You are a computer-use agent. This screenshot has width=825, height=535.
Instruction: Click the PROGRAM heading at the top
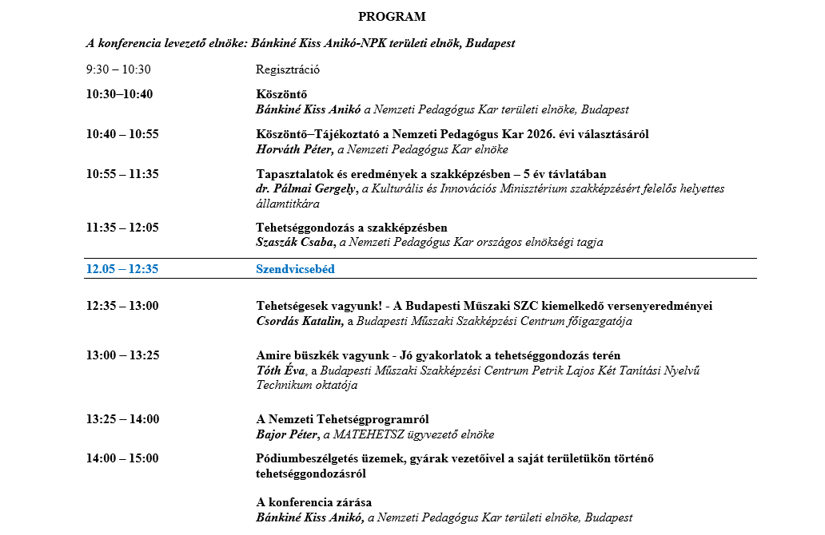click(x=392, y=16)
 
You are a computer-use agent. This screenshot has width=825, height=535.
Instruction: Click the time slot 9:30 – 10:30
click(x=118, y=69)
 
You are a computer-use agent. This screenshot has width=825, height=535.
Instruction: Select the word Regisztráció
click(x=288, y=69)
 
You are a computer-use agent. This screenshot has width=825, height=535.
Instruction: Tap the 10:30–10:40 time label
click(x=119, y=94)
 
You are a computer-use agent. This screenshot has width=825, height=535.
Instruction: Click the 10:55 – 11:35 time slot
click(x=122, y=174)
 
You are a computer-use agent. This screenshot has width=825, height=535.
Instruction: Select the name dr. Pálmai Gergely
click(x=305, y=189)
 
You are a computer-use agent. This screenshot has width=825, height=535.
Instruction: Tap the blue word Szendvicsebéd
click(x=295, y=269)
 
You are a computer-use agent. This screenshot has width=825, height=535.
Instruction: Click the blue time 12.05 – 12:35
click(x=122, y=269)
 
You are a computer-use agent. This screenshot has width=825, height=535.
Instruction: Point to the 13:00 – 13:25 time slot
click(x=122, y=355)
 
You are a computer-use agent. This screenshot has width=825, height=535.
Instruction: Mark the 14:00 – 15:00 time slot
click(x=122, y=458)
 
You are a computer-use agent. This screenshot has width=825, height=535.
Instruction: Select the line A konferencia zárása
click(x=313, y=502)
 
